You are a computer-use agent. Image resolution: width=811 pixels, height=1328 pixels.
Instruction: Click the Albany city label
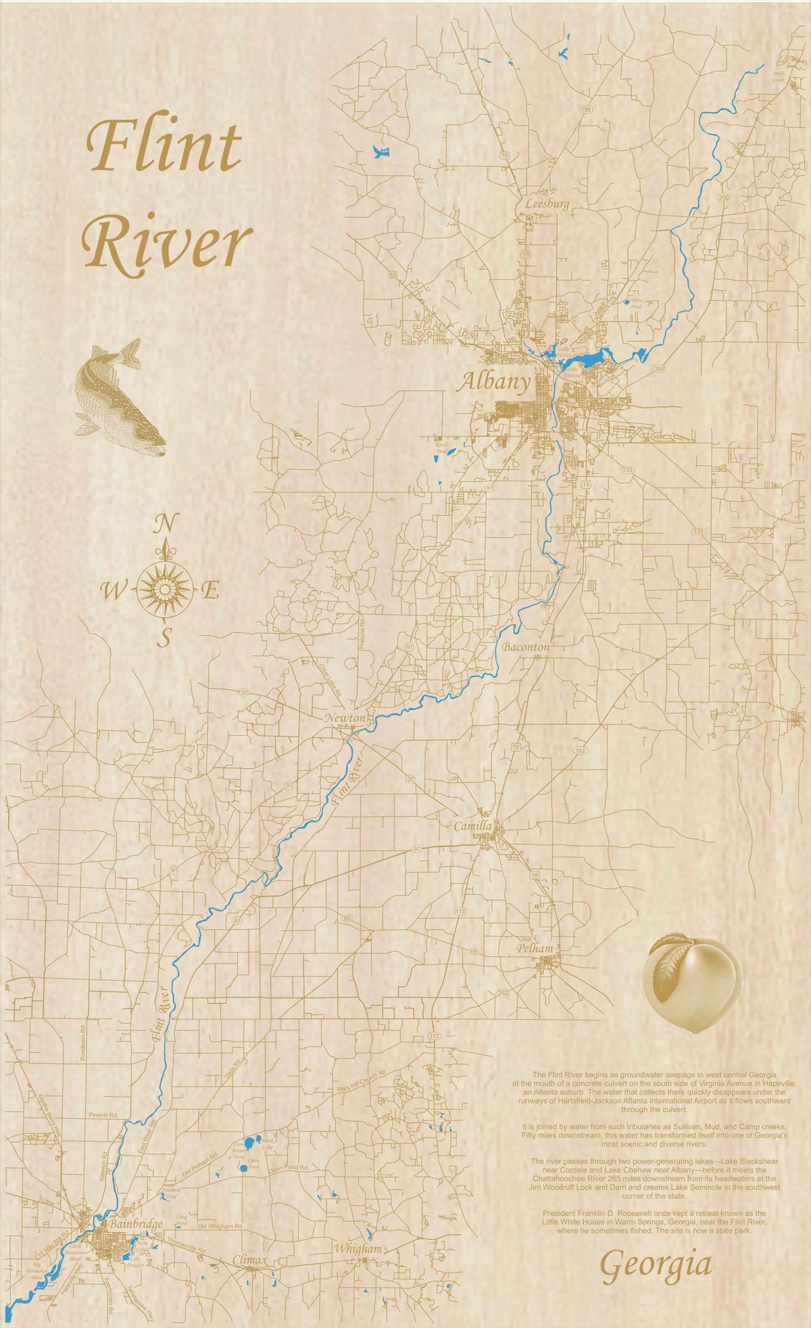[494, 383]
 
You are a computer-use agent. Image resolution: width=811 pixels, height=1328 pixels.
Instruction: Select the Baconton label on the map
[526, 647]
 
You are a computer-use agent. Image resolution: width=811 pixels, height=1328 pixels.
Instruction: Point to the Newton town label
[345, 717]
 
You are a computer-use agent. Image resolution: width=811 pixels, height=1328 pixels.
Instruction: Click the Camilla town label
[472, 826]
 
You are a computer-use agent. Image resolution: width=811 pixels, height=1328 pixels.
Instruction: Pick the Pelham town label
[535, 948]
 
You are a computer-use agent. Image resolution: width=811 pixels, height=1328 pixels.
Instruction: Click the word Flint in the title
[164, 146]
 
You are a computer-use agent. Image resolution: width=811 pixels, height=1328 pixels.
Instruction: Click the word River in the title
[168, 245]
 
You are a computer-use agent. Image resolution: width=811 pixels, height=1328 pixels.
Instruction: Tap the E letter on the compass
[210, 592]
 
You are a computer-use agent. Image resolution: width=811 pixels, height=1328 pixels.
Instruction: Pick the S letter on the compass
[164, 638]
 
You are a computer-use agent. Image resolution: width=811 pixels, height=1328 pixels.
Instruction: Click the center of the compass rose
[164, 590]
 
